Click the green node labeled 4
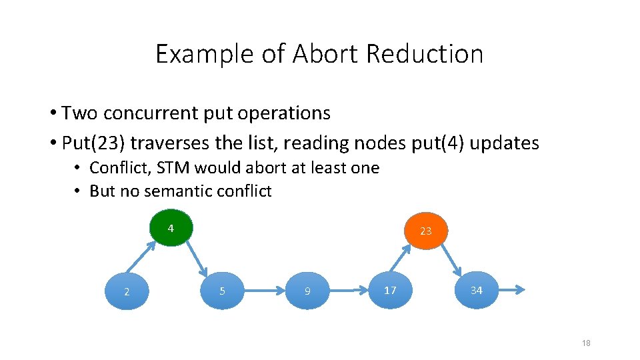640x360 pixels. pos(171,229)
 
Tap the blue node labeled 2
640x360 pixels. pos(127,291)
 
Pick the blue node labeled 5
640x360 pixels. pos(222,291)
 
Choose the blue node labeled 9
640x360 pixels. pos(307,291)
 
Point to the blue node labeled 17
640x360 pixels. pos(390,290)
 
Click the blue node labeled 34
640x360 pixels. pos(476,290)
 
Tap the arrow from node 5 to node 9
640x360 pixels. pos(265,291)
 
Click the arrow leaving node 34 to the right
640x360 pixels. pos(512,290)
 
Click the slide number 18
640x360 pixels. pos(586,343)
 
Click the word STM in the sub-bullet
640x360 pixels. pos(170,168)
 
